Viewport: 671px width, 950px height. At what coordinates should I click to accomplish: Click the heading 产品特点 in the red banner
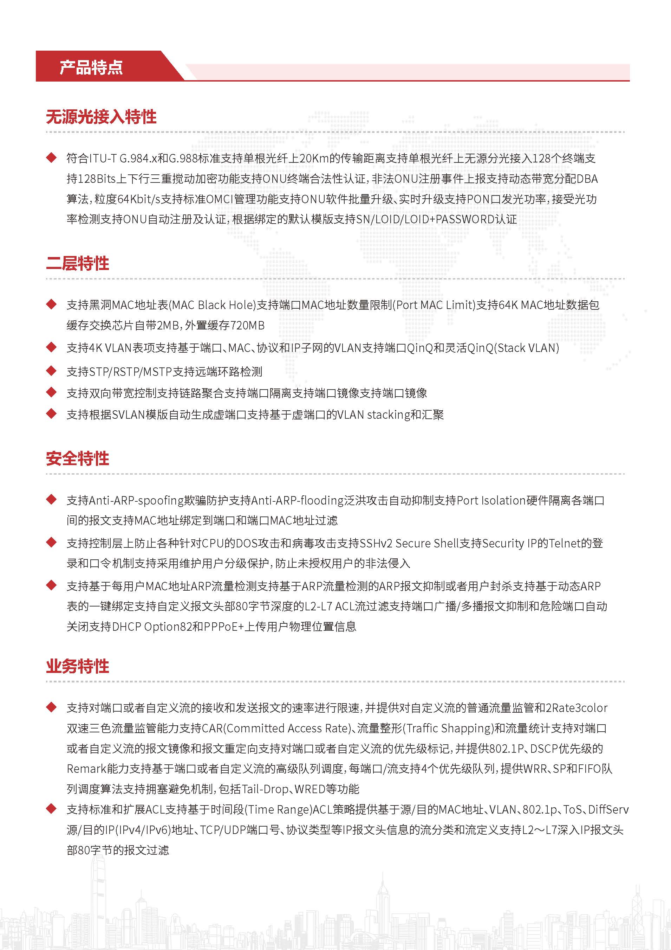click(91, 67)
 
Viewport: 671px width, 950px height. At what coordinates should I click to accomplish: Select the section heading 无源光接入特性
click(101, 117)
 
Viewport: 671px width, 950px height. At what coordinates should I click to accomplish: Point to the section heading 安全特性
click(77, 458)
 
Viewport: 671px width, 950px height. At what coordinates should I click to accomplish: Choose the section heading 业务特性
click(77, 666)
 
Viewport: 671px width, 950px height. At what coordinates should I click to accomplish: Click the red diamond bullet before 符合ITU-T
click(51, 158)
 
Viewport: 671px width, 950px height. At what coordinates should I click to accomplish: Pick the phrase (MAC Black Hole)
click(213, 305)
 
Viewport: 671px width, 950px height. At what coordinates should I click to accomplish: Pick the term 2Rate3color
click(577, 708)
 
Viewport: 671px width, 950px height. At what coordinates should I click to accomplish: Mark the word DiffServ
click(608, 809)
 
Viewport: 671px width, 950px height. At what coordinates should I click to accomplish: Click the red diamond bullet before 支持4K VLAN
click(51, 348)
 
